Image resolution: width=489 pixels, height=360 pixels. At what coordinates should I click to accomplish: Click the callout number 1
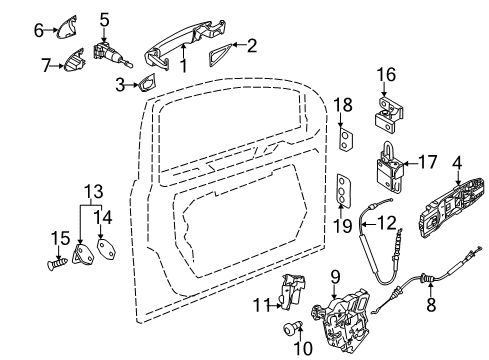pyautogui.click(x=184, y=66)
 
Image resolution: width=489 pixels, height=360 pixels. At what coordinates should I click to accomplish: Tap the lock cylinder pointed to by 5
pyautogui.click(x=110, y=54)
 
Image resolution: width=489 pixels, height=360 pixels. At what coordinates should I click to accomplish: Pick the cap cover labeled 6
pyautogui.click(x=67, y=27)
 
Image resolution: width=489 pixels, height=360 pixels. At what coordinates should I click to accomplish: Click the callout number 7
pyautogui.click(x=46, y=65)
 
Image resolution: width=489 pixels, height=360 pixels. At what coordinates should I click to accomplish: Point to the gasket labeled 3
pyautogui.click(x=147, y=82)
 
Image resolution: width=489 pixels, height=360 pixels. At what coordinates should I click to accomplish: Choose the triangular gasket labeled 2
pyautogui.click(x=219, y=54)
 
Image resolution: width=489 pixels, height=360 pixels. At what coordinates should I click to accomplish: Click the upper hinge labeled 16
pyautogui.click(x=389, y=115)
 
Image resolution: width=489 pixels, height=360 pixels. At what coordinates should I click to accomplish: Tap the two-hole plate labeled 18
pyautogui.click(x=346, y=139)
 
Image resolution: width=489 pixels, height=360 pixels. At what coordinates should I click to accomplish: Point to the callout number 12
pyautogui.click(x=387, y=223)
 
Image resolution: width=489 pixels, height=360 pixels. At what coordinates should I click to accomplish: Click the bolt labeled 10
pyautogui.click(x=292, y=329)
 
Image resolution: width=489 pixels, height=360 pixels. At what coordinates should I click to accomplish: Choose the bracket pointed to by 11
pyautogui.click(x=291, y=292)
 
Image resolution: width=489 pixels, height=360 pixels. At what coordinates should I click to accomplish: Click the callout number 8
pyautogui.click(x=431, y=304)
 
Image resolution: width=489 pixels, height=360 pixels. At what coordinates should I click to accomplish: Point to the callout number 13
pyautogui.click(x=93, y=192)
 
